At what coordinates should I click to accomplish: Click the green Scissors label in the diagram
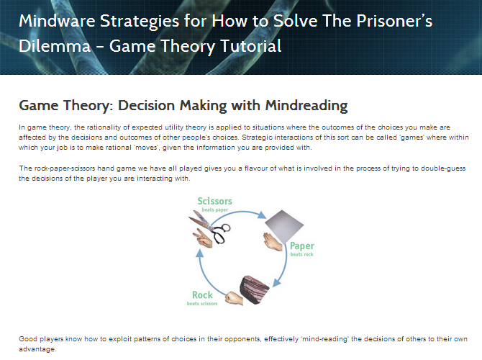214,201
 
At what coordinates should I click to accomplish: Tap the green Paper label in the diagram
302,246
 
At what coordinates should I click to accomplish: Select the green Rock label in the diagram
202,294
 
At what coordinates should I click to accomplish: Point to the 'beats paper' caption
215,210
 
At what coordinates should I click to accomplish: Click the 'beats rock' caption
301,254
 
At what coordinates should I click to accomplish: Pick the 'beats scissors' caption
202,304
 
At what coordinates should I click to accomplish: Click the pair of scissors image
209,227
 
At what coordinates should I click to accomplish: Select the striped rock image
254,290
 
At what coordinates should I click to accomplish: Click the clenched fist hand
234,299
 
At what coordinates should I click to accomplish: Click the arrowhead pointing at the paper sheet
262,215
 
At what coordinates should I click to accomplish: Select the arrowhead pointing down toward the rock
277,282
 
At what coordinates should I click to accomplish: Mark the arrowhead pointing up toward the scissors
200,253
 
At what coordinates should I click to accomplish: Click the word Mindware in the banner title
57,21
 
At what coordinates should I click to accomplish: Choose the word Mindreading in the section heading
306,105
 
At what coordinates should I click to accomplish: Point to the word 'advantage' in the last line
37,349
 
